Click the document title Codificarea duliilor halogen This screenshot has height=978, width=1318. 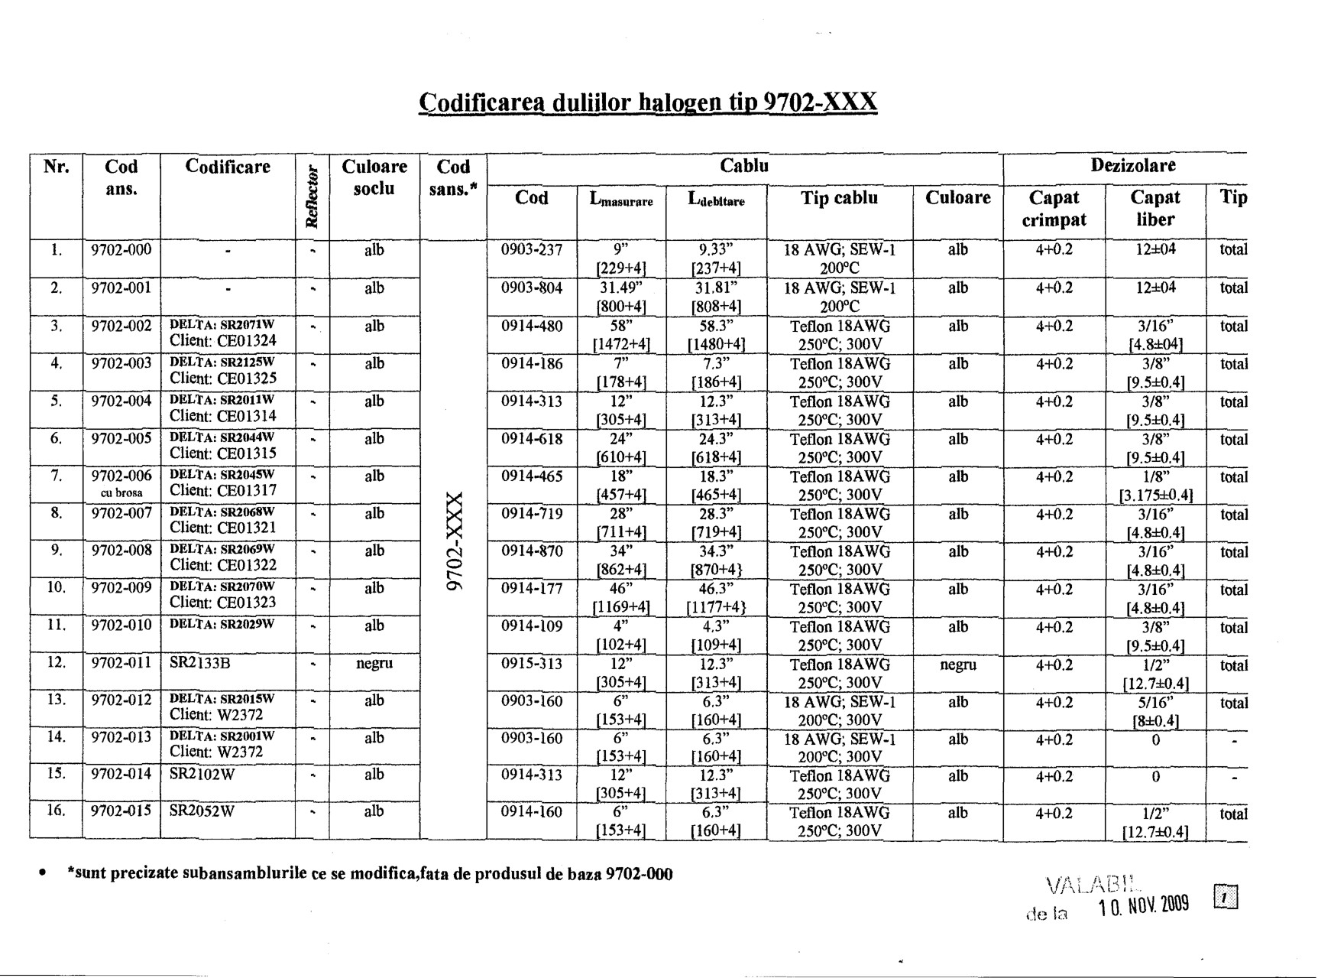pyautogui.click(x=648, y=102)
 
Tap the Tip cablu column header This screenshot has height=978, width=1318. pyautogui.click(x=839, y=198)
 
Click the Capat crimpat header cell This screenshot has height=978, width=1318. pyautogui.click(x=1054, y=208)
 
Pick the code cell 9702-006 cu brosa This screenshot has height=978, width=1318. pyautogui.click(x=121, y=483)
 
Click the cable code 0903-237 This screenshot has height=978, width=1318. pyautogui.click(x=532, y=250)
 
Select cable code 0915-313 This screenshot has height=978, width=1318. pyautogui.click(x=532, y=664)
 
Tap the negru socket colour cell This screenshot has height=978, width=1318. pyautogui.click(x=374, y=664)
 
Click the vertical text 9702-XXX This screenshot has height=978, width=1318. pyautogui.click(x=454, y=541)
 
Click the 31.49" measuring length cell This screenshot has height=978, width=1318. pyautogui.click(x=622, y=297)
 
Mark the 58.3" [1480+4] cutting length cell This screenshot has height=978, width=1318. pyautogui.click(x=716, y=334)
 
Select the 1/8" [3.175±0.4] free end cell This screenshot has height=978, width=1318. pyautogui.click(x=1155, y=486)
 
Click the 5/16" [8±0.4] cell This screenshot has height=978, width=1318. pyautogui.click(x=1155, y=711)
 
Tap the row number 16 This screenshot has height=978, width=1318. pyautogui.click(x=56, y=811)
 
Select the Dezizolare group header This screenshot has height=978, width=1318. pyautogui.click(x=1132, y=166)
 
